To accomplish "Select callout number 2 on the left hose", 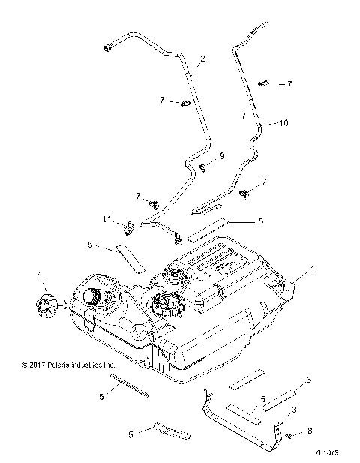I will click(202, 58).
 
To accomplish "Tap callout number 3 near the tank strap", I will click(294, 410).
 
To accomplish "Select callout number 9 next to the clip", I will click(221, 156).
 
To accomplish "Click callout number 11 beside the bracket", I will click(107, 218).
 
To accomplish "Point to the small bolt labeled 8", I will click(289, 434).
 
